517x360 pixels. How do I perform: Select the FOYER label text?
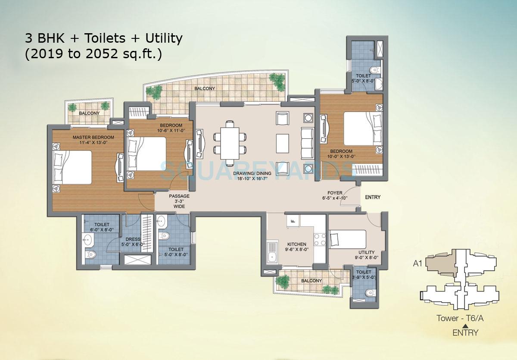(x=335, y=193)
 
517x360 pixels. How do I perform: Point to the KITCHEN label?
(x=296, y=244)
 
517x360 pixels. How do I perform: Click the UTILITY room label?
(x=366, y=252)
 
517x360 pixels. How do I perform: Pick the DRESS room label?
(x=133, y=239)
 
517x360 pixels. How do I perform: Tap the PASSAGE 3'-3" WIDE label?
(x=179, y=201)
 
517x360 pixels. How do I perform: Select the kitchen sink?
(x=272, y=253)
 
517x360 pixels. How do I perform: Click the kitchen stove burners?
(x=320, y=240)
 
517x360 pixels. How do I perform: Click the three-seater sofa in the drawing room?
(x=307, y=143)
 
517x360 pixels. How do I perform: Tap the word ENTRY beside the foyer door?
(x=373, y=197)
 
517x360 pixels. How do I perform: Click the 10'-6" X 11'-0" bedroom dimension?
(x=171, y=131)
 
